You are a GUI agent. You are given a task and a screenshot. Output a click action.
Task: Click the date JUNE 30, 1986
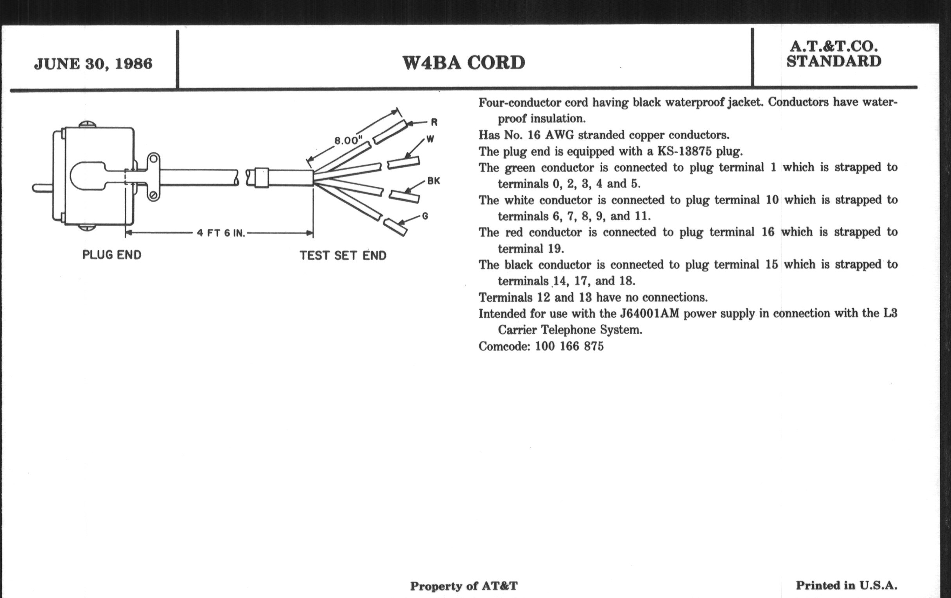click(93, 64)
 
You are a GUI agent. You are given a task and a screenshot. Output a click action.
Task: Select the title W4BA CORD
click(464, 63)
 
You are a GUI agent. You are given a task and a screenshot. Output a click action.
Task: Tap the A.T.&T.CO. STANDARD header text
click(834, 54)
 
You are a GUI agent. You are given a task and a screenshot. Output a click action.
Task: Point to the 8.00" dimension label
click(348, 141)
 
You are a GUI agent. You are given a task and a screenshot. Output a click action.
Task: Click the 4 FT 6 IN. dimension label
click(221, 233)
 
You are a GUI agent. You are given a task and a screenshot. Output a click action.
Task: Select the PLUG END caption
click(112, 255)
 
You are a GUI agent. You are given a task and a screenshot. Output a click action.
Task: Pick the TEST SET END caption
click(343, 256)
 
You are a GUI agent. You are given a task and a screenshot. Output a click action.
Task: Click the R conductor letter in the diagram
click(434, 122)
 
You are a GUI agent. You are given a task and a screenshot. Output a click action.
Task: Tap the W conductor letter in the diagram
click(431, 139)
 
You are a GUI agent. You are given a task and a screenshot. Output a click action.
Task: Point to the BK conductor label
click(434, 182)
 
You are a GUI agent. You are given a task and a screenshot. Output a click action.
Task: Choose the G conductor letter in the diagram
click(425, 216)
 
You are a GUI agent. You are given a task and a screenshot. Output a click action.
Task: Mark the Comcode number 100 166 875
click(569, 347)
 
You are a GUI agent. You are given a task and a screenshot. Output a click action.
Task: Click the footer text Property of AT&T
click(464, 586)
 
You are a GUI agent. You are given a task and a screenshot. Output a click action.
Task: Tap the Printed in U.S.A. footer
click(846, 585)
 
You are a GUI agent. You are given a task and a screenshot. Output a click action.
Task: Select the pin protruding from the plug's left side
click(42, 188)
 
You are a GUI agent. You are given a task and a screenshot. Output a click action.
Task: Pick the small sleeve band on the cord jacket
click(261, 177)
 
